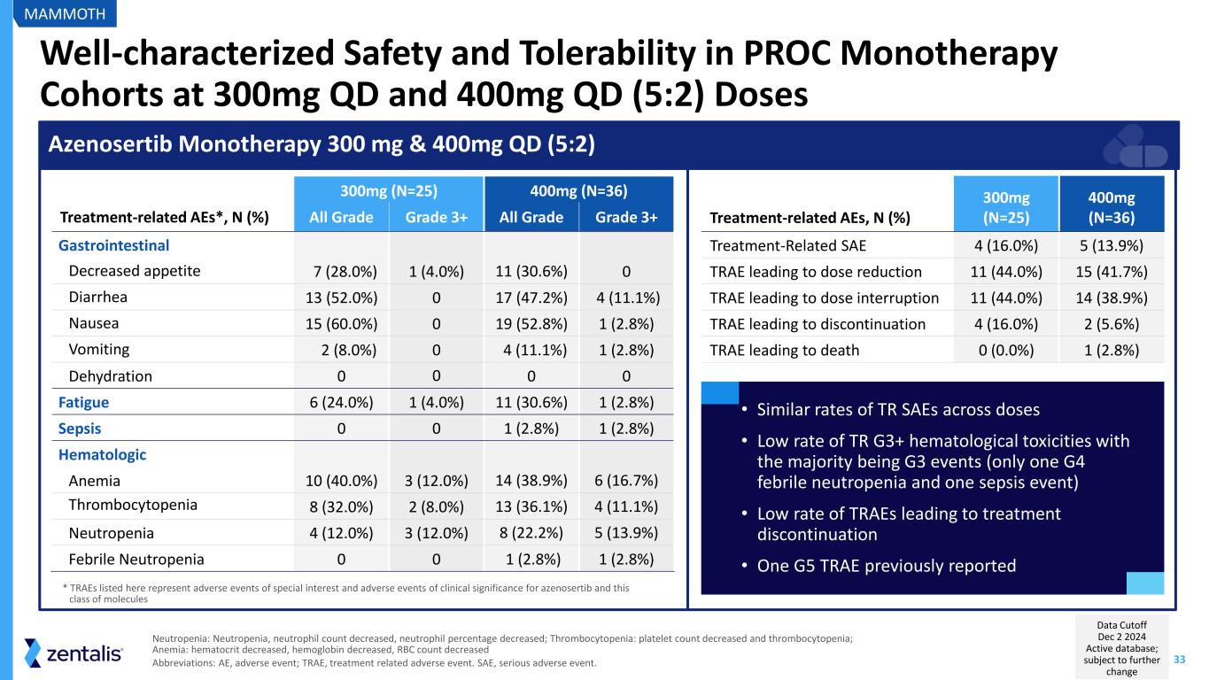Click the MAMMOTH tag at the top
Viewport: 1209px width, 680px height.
(65, 13)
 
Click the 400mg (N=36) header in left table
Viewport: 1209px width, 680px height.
(579, 189)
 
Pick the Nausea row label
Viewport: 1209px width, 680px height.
(94, 323)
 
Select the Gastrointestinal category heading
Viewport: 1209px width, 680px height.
(114, 245)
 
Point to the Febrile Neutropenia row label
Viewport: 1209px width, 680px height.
(136, 560)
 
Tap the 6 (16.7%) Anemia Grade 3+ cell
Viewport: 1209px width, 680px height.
(625, 482)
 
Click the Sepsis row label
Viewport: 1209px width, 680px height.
(80, 429)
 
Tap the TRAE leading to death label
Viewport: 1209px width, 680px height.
(785, 350)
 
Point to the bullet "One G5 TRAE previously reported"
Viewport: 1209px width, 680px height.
(887, 565)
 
